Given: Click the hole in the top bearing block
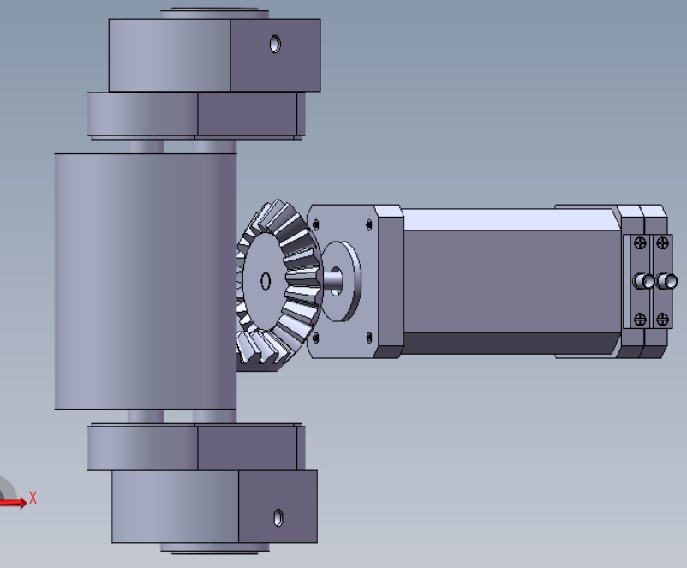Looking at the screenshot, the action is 275,45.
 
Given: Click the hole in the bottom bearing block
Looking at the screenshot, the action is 278,517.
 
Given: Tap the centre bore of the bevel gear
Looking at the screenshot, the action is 266,281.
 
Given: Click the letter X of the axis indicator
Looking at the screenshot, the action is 33,498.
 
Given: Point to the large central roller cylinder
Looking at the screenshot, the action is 146,281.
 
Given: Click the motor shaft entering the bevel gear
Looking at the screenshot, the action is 332,281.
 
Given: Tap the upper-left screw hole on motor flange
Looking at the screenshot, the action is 316,224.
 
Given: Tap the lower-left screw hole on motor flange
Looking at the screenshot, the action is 316,338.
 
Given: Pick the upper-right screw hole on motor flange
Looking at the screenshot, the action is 368,224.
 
